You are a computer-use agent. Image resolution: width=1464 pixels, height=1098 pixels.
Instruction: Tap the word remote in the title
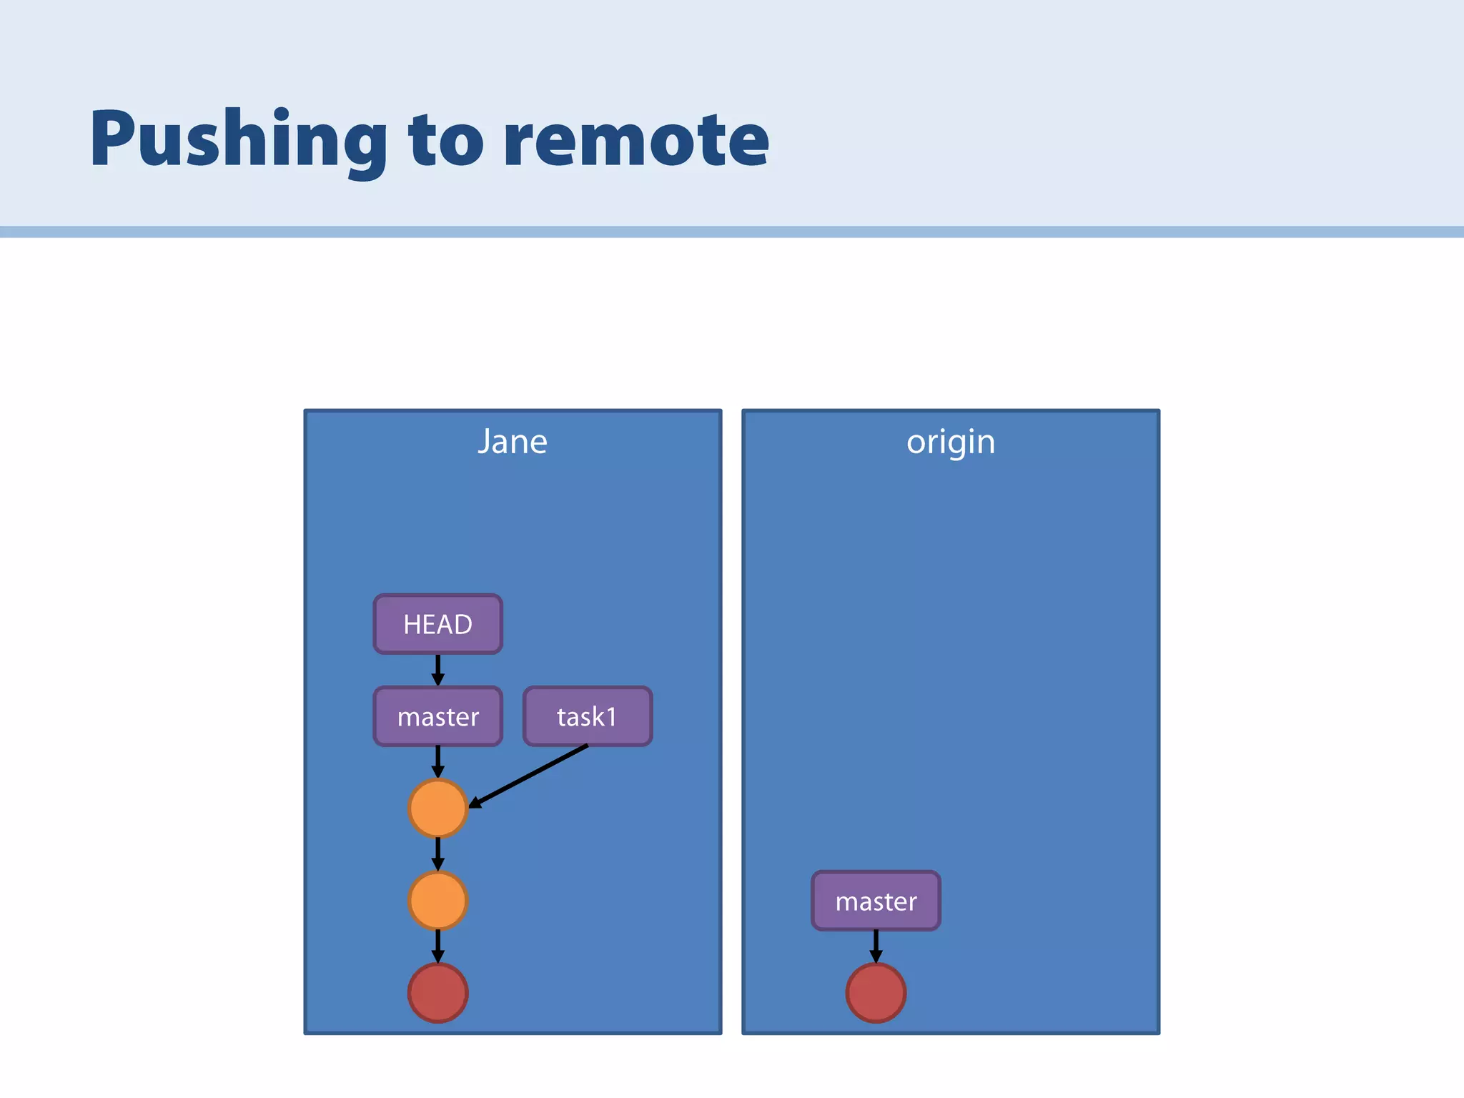click(636, 139)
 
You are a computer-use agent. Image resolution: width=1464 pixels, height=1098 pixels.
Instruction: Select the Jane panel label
click(513, 442)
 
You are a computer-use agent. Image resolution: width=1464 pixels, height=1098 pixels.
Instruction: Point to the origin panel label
click(951, 442)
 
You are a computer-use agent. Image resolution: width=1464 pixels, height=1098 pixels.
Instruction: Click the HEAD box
click(438, 624)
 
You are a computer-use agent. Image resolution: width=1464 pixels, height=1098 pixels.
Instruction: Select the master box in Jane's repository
click(438, 716)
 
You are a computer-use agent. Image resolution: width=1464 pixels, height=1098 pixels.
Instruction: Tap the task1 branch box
click(588, 716)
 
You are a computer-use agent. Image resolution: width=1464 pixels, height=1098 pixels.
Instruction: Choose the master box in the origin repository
click(876, 901)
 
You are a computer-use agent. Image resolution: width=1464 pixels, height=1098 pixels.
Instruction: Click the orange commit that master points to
click(438, 808)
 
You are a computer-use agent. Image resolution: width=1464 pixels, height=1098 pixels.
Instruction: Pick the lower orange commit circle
click(438, 901)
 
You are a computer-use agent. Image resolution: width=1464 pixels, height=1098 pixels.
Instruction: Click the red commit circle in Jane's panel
click(438, 993)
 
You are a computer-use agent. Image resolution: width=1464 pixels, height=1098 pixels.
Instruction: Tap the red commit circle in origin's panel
click(876, 993)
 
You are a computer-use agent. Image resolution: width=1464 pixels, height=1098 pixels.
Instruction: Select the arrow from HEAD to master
click(438, 670)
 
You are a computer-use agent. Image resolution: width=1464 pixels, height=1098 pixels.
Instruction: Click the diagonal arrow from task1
click(529, 776)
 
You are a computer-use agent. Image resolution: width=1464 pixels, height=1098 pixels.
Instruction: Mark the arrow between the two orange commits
click(438, 854)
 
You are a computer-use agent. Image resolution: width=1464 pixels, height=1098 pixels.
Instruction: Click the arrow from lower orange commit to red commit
click(438, 946)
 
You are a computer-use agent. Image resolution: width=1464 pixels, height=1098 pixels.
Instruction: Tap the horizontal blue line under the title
click(732, 232)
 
